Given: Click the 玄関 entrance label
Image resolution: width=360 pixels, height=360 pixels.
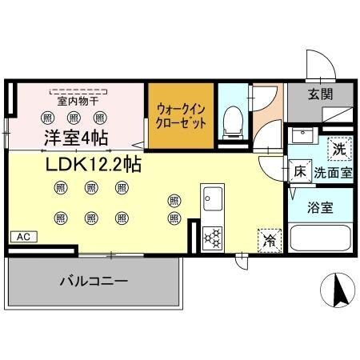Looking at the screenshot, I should tap(321, 93).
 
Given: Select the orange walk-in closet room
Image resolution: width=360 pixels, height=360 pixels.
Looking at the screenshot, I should tap(181, 117).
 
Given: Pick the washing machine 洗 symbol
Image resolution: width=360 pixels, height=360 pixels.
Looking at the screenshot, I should tap(338, 148).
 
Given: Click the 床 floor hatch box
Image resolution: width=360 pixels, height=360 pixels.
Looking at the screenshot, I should tap(300, 171).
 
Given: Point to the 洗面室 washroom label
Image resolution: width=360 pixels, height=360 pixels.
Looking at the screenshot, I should tap(331, 172).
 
